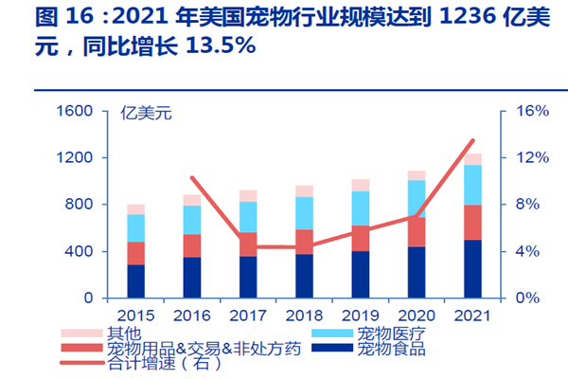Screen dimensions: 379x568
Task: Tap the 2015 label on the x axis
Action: click(x=136, y=314)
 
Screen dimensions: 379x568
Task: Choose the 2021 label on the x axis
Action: click(x=472, y=314)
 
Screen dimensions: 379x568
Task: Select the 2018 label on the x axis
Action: click(x=304, y=314)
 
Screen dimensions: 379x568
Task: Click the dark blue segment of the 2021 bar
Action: click(x=472, y=269)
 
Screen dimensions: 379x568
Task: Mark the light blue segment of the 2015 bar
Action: click(x=136, y=228)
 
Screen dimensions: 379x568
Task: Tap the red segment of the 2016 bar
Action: click(x=192, y=245)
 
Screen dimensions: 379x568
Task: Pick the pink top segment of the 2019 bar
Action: click(x=361, y=185)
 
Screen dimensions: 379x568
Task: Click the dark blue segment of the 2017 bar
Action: click(x=248, y=277)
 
